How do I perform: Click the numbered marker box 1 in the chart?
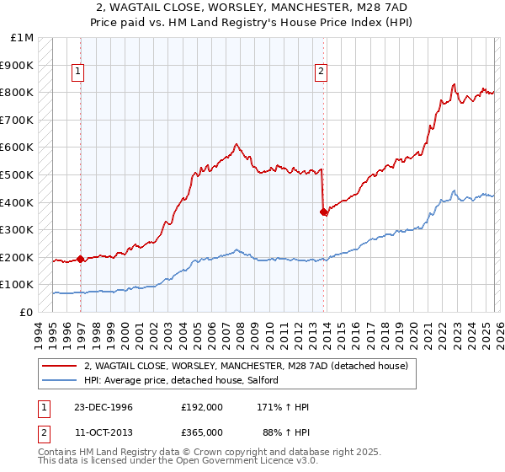tap(77, 72)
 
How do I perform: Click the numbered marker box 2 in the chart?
tap(322, 72)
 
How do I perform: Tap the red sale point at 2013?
tap(324, 212)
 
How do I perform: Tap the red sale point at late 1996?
tap(81, 260)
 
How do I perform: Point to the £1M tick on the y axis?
tap(23, 38)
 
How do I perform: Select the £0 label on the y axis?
tap(27, 312)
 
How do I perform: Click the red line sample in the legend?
tap(61, 366)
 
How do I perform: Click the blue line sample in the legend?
tap(61, 381)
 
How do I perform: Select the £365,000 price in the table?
tap(201, 432)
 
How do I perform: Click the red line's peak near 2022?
tap(454, 84)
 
